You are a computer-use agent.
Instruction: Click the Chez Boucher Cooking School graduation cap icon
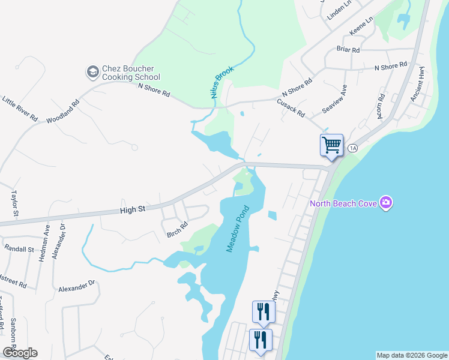pos(92,72)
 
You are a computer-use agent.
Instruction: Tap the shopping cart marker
pos(331,145)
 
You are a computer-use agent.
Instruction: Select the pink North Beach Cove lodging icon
pos(385,203)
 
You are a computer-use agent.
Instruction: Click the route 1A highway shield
pos(352,148)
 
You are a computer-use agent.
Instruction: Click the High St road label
pos(133,210)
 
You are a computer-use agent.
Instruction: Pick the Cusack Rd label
pos(291,108)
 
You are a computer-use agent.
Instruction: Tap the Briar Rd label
pos(348,50)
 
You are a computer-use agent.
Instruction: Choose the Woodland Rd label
pos(63,112)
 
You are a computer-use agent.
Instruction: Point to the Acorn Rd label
pos(381,105)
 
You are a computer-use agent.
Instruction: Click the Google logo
pos(20,352)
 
